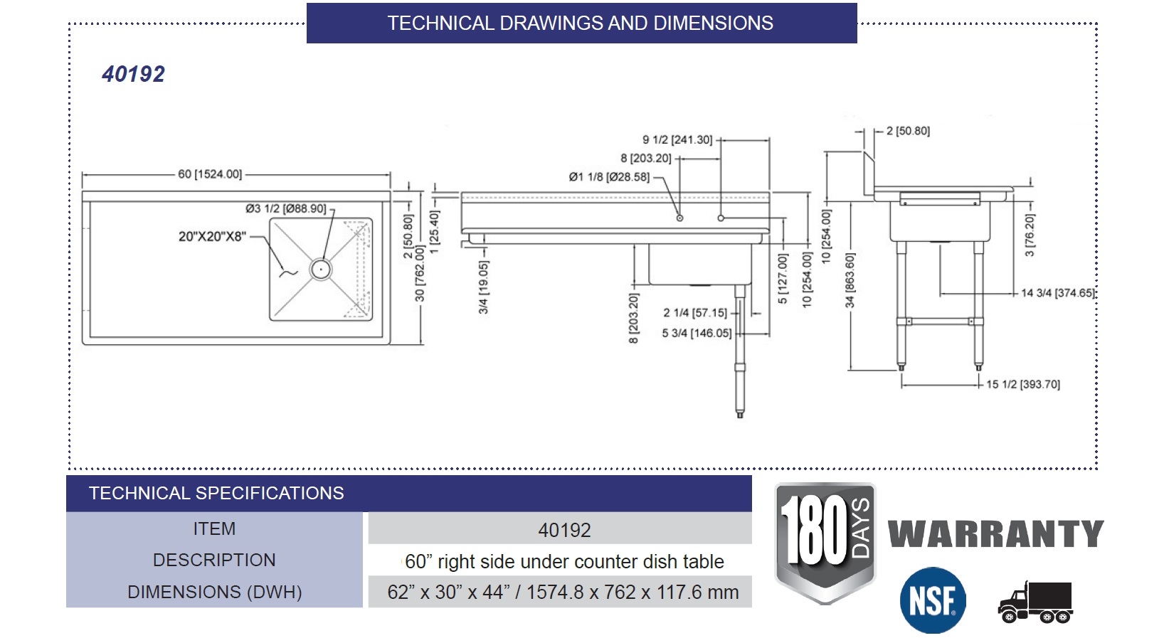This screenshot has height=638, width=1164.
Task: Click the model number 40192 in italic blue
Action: (133, 74)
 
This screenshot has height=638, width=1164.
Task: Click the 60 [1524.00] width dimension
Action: (210, 174)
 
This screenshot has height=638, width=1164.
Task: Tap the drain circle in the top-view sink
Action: (320, 269)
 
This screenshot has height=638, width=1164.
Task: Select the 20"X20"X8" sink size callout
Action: (212, 236)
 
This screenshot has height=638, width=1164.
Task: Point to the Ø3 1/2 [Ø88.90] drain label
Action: (285, 208)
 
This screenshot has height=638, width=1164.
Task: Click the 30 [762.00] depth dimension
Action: (420, 273)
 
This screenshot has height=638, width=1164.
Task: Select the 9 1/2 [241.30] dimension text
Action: (677, 140)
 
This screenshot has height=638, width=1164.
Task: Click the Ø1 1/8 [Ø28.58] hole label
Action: (609, 177)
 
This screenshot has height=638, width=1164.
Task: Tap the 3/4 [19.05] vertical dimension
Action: (484, 287)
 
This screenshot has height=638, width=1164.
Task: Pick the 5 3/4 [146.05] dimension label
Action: (697, 333)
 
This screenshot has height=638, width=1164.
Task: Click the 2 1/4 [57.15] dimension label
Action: (695, 313)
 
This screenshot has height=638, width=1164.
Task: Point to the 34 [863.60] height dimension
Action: (850, 280)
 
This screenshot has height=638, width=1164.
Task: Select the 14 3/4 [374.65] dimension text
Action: (1057, 293)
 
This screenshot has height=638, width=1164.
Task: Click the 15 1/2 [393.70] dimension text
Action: (1022, 385)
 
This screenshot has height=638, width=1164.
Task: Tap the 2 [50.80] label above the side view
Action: (908, 131)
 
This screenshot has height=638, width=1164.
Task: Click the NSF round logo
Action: (933, 600)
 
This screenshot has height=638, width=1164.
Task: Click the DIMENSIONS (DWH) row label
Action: (214, 592)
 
